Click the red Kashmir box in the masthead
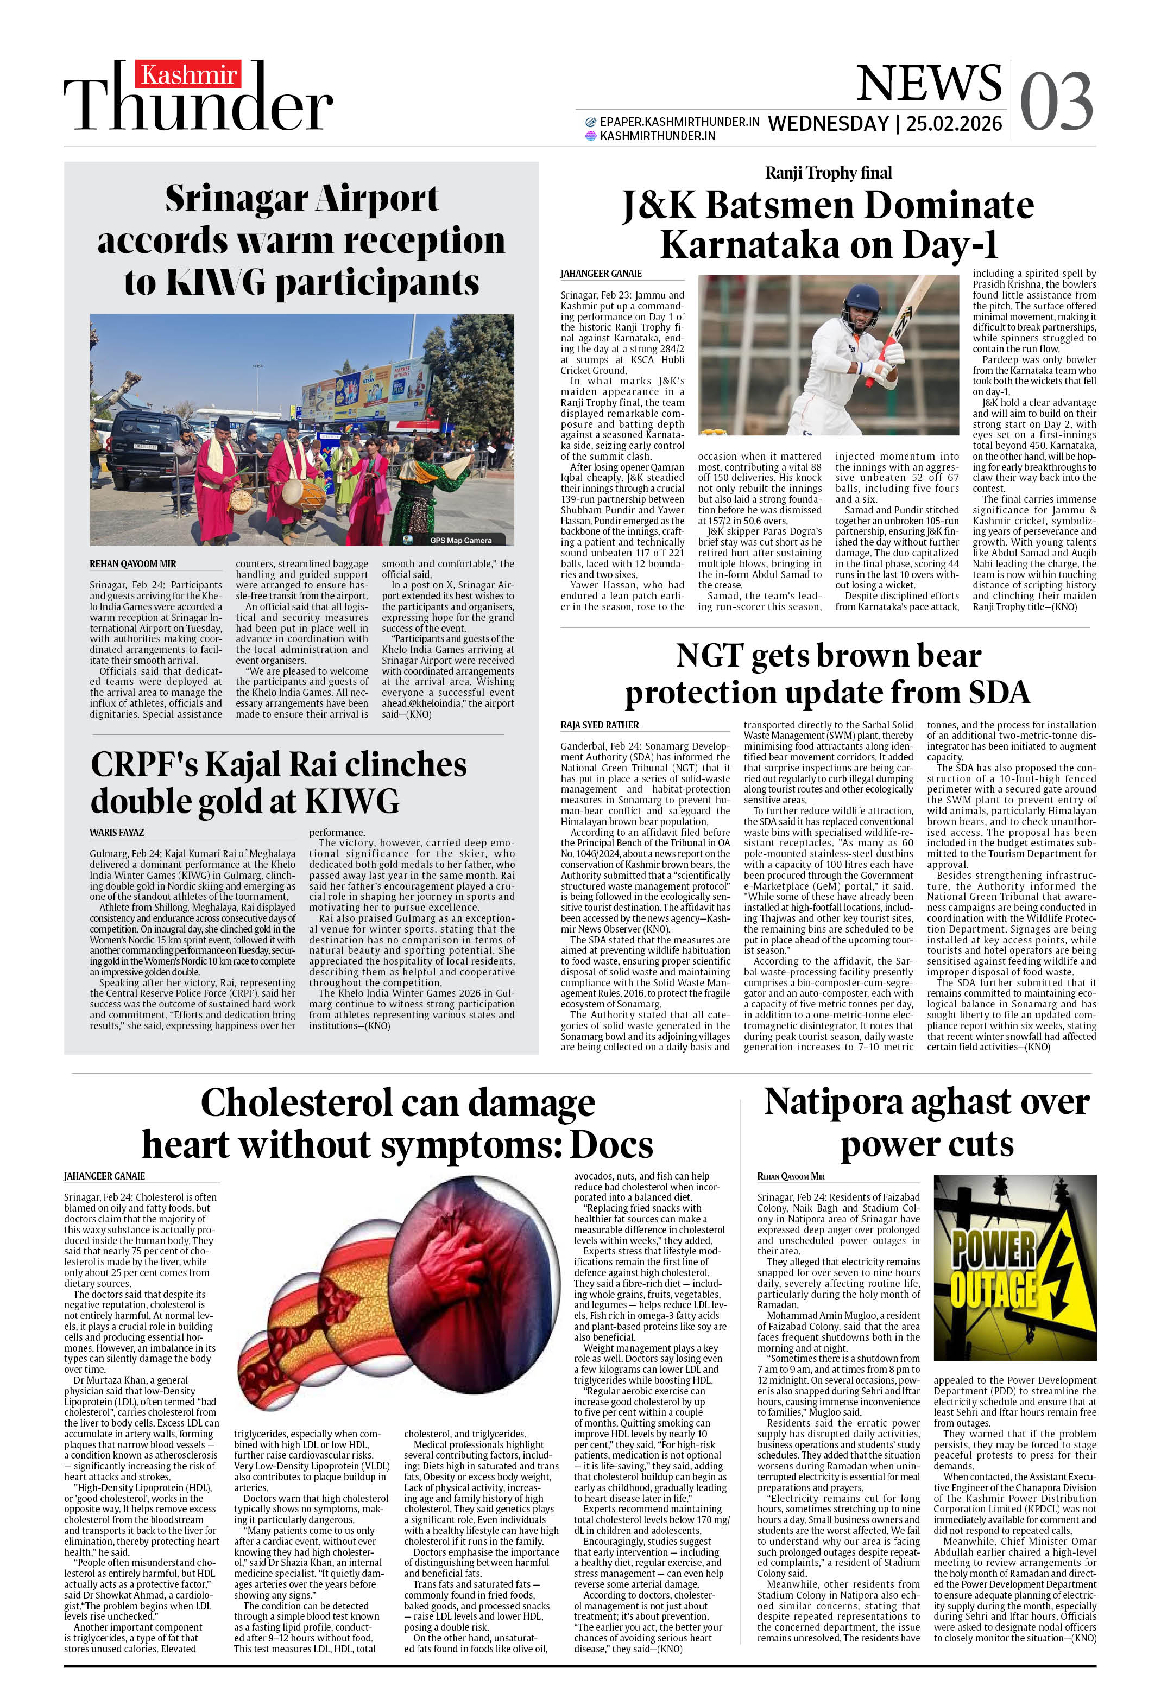(x=188, y=74)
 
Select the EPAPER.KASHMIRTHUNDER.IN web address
(x=679, y=122)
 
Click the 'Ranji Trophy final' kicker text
(x=828, y=173)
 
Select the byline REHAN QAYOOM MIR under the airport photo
(x=132, y=565)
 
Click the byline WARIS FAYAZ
(x=117, y=832)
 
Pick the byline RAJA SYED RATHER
(x=600, y=725)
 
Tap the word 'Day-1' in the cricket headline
(x=950, y=246)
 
